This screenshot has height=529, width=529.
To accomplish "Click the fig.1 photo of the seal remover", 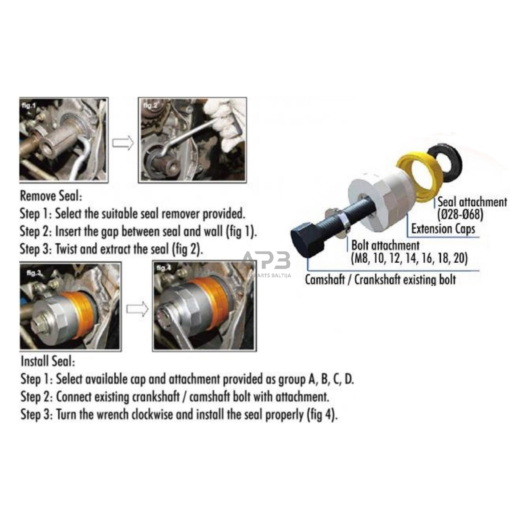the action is point(64,140).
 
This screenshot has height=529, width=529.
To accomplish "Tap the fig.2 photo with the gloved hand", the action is point(193,140).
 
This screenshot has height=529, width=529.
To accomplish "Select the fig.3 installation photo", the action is point(70,306).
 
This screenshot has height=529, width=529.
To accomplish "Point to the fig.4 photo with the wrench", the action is point(204,306).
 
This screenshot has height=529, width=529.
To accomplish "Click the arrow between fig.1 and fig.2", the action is point(123,143).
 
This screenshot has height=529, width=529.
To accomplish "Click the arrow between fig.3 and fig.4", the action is point(137,309).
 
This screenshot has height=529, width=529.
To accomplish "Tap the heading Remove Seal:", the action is point(51,195).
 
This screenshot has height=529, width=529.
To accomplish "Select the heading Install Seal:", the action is point(48,361).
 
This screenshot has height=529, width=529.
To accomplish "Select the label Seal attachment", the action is point(472,202).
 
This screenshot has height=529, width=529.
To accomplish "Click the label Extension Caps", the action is point(443,229).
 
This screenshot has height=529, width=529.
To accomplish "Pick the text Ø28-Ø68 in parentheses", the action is point(460,214).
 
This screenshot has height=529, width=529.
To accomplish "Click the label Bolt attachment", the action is point(385,245).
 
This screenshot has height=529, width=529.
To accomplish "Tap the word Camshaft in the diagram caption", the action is point(325,280).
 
